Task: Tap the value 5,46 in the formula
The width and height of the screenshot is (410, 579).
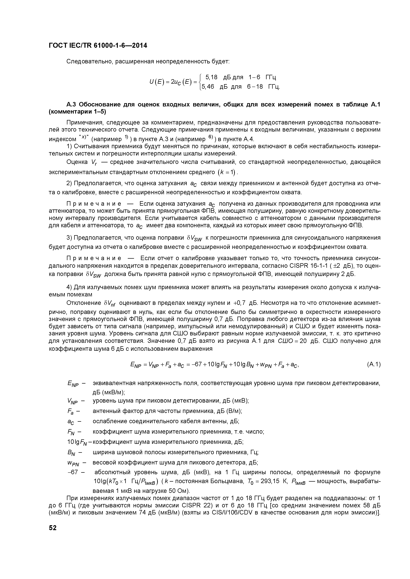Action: tap(208, 87)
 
